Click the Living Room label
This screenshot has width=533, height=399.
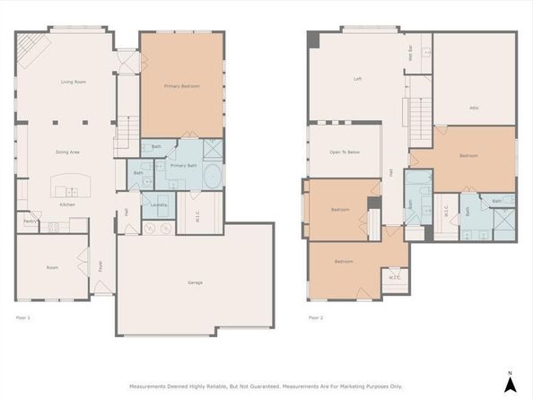point(73,82)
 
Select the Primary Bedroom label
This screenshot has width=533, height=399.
point(181,86)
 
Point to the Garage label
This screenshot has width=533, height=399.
point(195,282)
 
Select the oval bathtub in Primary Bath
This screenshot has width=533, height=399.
point(214,176)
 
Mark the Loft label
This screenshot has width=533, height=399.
point(357,79)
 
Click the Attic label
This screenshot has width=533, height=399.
point(474,108)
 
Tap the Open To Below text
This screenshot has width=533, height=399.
point(345,152)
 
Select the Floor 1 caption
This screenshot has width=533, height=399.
point(23,317)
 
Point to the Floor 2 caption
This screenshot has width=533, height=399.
point(316,317)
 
